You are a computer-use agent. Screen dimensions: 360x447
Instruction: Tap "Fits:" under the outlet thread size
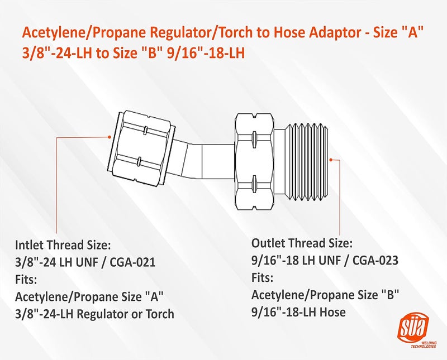(x=263, y=277)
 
